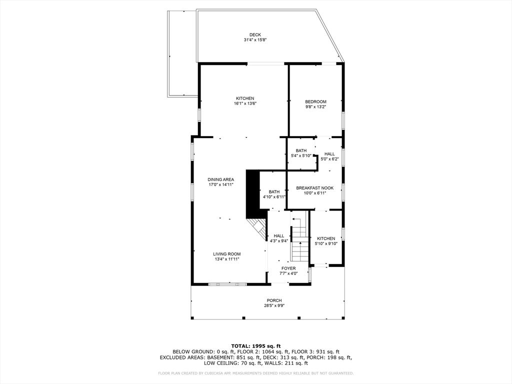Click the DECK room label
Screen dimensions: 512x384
255,35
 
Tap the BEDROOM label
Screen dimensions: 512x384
315,101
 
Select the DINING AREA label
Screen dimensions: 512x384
220,179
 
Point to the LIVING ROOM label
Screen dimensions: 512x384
226,254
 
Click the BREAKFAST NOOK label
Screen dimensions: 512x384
315,188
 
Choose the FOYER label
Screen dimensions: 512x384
288,268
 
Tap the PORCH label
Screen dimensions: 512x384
274,300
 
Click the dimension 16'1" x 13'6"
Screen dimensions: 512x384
245,103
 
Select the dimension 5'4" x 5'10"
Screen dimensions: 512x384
301,156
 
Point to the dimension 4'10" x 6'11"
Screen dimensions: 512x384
274,197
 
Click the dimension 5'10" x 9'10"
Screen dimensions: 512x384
326,243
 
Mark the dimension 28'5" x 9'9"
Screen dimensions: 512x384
274,305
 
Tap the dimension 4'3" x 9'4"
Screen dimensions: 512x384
278,241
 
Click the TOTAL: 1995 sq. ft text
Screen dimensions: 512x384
255,346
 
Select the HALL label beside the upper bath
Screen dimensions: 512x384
329,154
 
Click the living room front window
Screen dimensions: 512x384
227,284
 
